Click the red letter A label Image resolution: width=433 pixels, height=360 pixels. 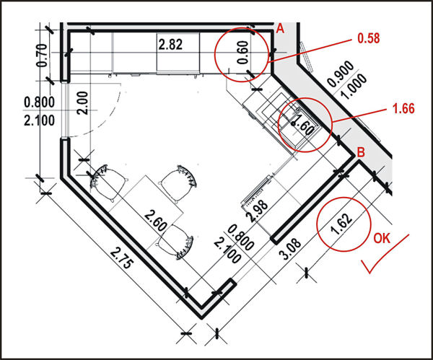pyautogui.click(x=280, y=28)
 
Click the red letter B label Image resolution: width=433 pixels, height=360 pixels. pyautogui.click(x=361, y=152)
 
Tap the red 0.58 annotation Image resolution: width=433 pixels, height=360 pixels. pyautogui.click(x=369, y=38)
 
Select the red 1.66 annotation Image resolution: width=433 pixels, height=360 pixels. pyautogui.click(x=403, y=108)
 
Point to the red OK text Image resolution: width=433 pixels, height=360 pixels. pyautogui.click(x=382, y=238)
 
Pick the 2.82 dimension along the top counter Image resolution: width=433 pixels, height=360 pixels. pyautogui.click(x=170, y=45)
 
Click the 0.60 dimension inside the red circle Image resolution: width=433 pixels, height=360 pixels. pyautogui.click(x=243, y=53)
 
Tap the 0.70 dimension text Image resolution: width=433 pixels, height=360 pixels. pyautogui.click(x=42, y=56)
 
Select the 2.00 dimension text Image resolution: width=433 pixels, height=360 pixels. pyautogui.click(x=82, y=103)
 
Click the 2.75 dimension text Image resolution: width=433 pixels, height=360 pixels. pyautogui.click(x=120, y=258)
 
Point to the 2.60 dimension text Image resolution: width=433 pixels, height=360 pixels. pyautogui.click(x=155, y=221)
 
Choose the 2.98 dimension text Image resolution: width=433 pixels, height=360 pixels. pyautogui.click(x=258, y=211)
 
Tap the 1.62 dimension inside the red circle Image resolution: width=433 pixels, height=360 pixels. pyautogui.click(x=342, y=224)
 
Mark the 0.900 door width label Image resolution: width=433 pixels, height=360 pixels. pyautogui.click(x=341, y=74)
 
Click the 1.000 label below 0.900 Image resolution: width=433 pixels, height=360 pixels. pyautogui.click(x=354, y=86)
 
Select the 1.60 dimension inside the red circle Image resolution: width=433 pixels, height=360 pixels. pyautogui.click(x=304, y=126)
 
